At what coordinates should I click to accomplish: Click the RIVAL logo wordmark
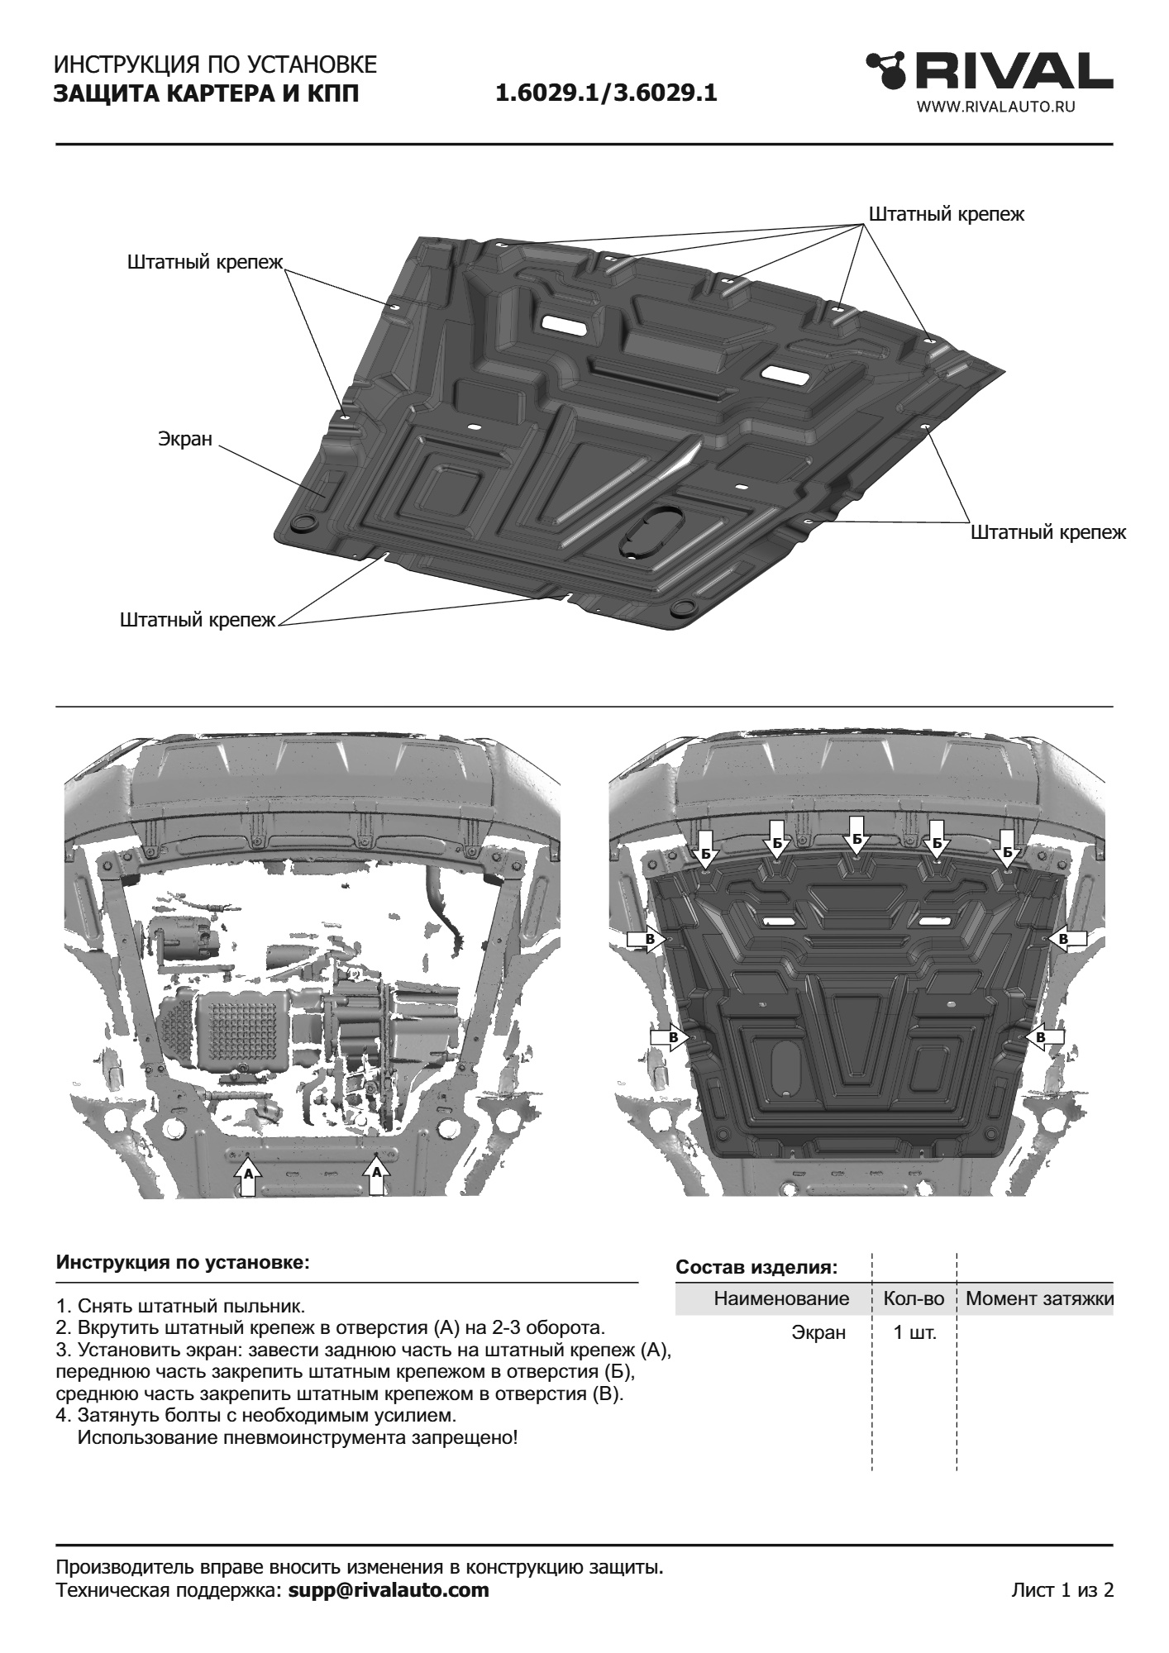(990, 74)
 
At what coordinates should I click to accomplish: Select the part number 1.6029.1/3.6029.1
(606, 93)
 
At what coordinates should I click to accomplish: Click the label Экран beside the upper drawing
(185, 440)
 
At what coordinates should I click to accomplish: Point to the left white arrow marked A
(246, 1177)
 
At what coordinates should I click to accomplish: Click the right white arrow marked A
(377, 1177)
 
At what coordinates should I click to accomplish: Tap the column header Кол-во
(914, 1298)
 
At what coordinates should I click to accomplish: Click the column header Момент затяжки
(1039, 1298)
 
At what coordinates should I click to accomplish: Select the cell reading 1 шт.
(915, 1332)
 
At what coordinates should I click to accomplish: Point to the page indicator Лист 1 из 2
(1062, 1590)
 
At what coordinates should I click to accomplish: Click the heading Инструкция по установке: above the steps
(183, 1264)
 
